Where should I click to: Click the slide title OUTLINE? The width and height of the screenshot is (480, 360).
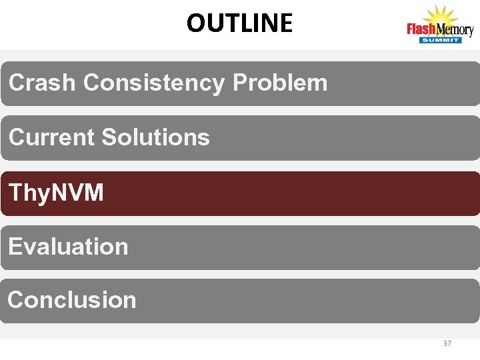[239, 23]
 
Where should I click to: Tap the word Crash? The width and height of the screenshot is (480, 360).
[41, 83]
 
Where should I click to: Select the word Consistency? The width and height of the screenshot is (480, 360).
[154, 83]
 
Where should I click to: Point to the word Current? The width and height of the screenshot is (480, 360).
[51, 137]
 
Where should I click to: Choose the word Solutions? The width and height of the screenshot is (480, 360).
[155, 137]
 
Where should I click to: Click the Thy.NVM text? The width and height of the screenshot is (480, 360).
[56, 193]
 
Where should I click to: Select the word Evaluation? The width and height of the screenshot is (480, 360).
[68, 247]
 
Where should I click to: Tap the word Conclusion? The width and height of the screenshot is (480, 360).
[72, 300]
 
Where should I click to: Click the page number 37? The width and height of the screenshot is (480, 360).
[447, 344]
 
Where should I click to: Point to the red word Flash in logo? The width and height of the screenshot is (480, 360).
[421, 30]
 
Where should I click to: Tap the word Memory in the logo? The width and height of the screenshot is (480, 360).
[455, 30]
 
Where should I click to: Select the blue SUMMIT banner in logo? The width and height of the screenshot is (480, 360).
[440, 41]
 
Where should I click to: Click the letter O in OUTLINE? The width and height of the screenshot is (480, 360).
[195, 23]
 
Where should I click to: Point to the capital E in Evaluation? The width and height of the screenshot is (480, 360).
[15, 247]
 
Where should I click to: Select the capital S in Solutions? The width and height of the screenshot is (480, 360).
[109, 137]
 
